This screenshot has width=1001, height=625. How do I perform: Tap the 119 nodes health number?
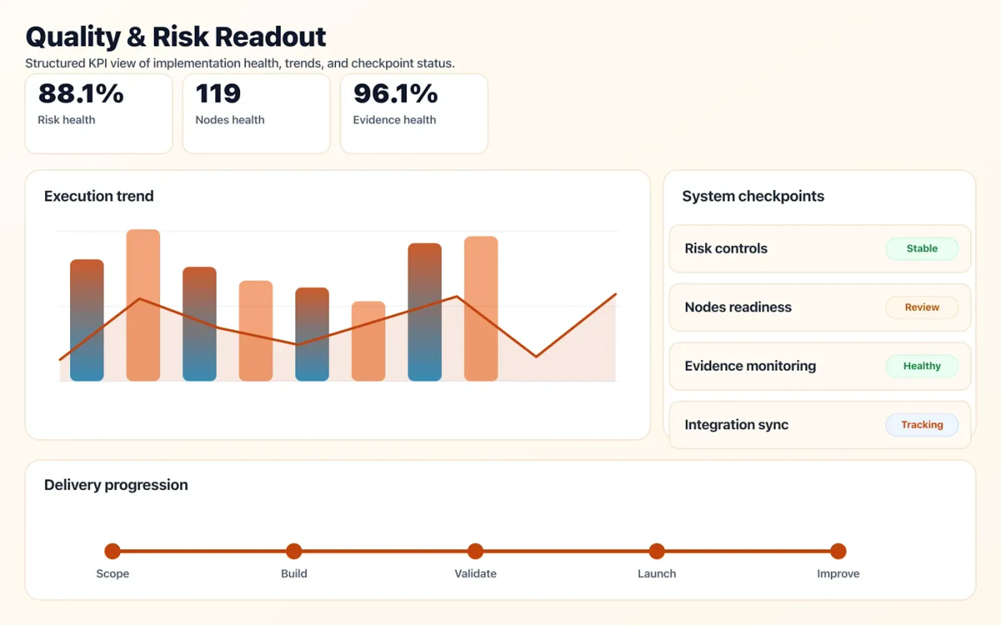[218, 93]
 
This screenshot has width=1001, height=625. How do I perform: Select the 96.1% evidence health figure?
[395, 93]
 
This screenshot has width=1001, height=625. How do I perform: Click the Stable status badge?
[921, 248]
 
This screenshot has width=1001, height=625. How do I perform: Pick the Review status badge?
[921, 307]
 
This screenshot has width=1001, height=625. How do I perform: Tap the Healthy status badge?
[921, 366]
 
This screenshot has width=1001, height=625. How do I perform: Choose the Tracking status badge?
[921, 424]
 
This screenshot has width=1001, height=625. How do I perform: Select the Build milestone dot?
[294, 551]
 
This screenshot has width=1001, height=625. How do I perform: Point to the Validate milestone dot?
[475, 551]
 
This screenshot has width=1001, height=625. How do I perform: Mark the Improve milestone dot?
[838, 551]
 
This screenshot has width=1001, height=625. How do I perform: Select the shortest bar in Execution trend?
[368, 341]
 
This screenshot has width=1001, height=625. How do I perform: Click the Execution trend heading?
[99, 196]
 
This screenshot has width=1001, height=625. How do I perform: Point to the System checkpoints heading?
[753, 196]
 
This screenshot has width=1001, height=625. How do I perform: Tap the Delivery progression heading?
[116, 484]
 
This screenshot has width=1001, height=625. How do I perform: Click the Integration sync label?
[736, 424]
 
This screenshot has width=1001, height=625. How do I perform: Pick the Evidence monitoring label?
[750, 366]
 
